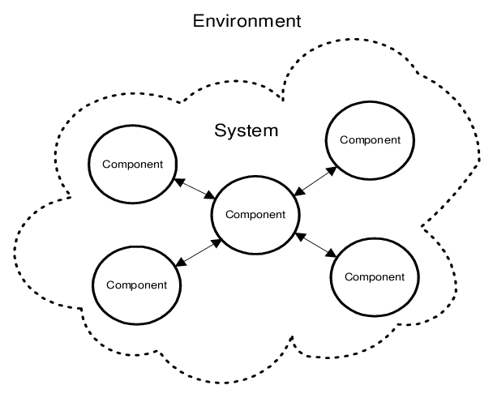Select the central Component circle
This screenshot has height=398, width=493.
click(255, 215)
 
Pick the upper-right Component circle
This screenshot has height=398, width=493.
click(370, 139)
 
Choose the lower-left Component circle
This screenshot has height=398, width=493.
click(136, 285)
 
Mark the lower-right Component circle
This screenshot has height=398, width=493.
click(375, 276)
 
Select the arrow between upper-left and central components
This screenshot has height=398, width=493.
click(194, 188)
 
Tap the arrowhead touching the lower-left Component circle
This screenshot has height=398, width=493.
click(179, 263)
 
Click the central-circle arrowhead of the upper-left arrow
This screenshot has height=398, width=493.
click(212, 197)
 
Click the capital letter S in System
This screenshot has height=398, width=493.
click(220, 130)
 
